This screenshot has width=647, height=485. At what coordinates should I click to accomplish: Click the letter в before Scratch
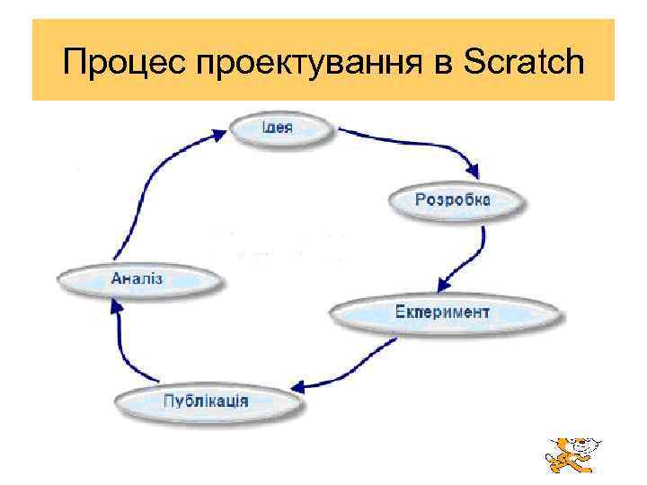(x=446, y=64)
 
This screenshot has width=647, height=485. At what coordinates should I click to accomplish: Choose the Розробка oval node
(x=453, y=199)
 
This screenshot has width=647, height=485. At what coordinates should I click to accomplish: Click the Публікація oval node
(x=206, y=400)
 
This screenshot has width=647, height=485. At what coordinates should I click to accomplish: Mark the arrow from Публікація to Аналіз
(x=126, y=346)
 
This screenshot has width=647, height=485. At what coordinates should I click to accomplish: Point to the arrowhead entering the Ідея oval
(x=219, y=136)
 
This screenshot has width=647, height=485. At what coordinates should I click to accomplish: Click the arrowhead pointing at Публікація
(x=302, y=387)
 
